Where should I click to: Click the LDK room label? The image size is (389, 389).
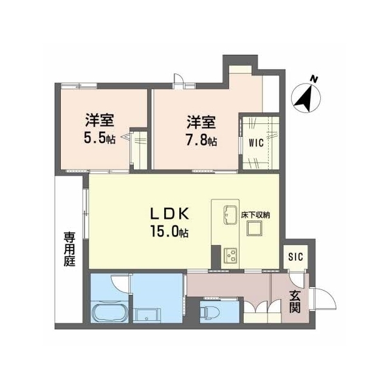pyautogui.click(x=170, y=213)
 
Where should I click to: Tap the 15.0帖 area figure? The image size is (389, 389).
pyautogui.click(x=170, y=232)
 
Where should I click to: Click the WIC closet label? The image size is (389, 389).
pyautogui.click(x=256, y=143)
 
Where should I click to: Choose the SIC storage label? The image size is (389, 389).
pyautogui.click(x=296, y=256)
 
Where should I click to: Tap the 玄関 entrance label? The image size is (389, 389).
pyautogui.click(x=295, y=301)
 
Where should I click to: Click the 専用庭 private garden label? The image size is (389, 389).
pyautogui.click(x=69, y=249)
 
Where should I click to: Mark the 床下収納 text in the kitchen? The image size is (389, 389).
pyautogui.click(x=255, y=215)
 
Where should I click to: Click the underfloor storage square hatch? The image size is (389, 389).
pyautogui.click(x=255, y=229)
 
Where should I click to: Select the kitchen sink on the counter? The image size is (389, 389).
pyautogui.click(x=231, y=215)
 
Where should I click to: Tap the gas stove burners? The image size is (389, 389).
pyautogui.click(x=230, y=256)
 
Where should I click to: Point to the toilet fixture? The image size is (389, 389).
pyautogui.click(x=210, y=312)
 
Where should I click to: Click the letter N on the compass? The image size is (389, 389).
pyautogui.click(x=314, y=80)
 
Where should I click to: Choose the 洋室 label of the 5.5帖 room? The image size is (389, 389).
pyautogui.click(x=100, y=120)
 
